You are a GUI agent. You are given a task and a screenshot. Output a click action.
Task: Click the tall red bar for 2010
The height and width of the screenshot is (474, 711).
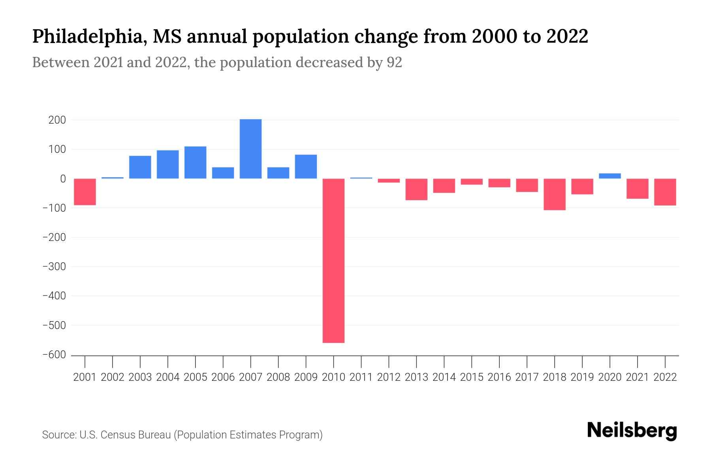[333, 261]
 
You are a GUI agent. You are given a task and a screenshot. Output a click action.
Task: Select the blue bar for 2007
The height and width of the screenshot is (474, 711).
[250, 149]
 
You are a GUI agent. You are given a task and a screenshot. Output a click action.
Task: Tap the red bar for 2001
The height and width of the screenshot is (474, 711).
[85, 192]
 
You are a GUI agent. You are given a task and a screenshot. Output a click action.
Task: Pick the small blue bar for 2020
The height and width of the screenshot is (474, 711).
[610, 176]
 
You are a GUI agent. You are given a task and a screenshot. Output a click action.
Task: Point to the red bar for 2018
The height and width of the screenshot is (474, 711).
[555, 194]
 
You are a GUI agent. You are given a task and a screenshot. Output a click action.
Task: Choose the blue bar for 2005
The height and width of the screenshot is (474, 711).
[195, 162]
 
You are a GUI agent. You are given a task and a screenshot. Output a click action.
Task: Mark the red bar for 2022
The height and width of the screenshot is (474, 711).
[665, 192]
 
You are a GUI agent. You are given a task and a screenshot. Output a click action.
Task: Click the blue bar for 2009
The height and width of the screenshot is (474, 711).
[306, 167]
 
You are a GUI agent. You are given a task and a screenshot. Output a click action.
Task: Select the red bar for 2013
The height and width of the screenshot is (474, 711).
[416, 189]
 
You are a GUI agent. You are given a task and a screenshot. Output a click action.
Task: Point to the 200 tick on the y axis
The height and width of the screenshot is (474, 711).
[57, 120]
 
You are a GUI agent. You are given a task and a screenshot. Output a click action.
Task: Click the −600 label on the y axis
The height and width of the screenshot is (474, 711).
[54, 355]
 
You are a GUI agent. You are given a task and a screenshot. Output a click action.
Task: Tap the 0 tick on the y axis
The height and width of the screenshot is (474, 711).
[63, 179]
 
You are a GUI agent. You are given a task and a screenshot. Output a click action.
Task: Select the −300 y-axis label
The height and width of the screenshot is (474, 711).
[54, 267]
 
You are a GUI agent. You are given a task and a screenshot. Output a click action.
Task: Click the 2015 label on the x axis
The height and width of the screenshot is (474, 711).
[472, 377]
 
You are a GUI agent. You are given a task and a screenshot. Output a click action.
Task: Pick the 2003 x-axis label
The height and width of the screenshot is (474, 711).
[140, 377]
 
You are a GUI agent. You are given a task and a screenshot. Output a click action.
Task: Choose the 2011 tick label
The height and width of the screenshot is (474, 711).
[361, 377]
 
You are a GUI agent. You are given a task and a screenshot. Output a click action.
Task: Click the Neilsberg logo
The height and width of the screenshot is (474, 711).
[632, 431]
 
